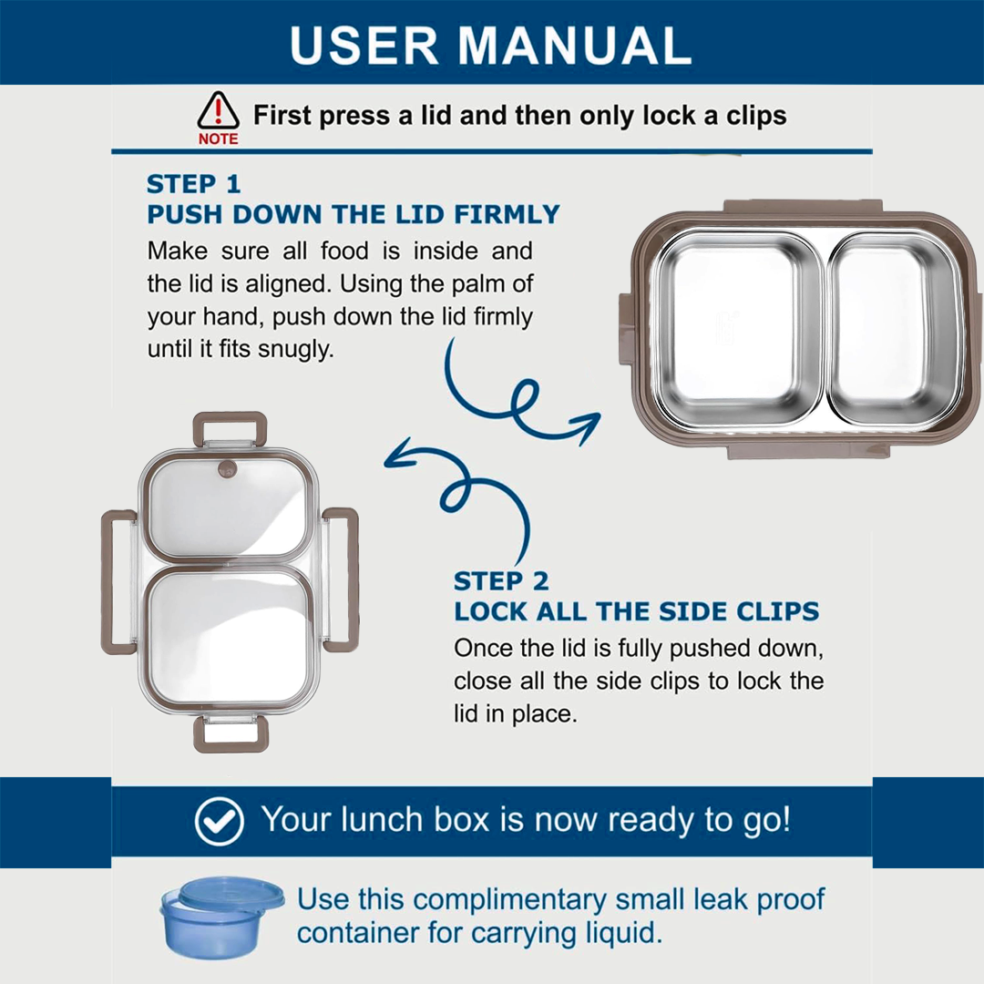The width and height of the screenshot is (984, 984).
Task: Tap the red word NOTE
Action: point(219,138)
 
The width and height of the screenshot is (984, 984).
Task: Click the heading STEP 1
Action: point(194,184)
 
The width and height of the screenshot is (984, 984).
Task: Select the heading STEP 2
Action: point(501,581)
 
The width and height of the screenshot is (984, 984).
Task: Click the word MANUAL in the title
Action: point(575,46)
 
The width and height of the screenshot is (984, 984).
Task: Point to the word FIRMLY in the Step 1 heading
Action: point(507,215)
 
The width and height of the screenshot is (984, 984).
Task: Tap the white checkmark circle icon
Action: point(219,821)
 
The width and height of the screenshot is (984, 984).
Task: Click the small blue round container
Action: point(221,917)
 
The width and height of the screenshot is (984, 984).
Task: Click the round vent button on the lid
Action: point(227,469)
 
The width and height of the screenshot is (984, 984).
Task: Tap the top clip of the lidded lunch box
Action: point(230,429)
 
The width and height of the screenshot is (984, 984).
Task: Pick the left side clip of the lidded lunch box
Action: point(118,581)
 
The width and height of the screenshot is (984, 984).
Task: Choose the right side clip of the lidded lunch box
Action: point(341,579)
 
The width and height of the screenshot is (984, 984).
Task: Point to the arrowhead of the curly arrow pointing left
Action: point(399,453)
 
